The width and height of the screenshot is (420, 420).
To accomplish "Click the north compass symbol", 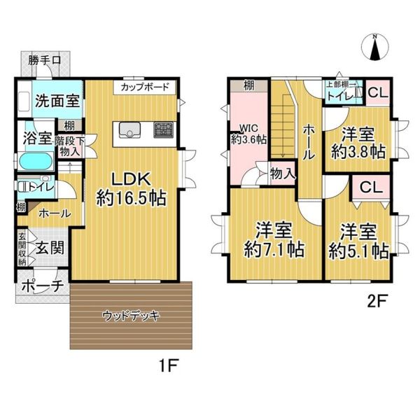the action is [375, 47].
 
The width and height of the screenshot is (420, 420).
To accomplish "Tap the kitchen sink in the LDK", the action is [130, 129].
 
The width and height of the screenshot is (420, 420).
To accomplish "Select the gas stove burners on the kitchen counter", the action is [163, 129].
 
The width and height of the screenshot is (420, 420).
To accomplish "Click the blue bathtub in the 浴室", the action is [36, 161].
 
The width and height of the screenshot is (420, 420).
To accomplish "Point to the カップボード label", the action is [145, 87].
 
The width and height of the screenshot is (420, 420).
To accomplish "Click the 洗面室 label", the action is [57, 100].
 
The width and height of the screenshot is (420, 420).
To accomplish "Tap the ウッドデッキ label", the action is [132, 316].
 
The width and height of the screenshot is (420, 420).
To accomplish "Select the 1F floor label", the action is [169, 365].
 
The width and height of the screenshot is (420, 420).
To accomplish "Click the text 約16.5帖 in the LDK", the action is [132, 198].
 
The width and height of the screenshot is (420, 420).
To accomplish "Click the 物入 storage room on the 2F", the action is [283, 174].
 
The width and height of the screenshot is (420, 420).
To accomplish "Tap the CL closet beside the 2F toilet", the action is [378, 92].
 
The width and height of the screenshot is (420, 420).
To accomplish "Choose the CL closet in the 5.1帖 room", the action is [371, 187].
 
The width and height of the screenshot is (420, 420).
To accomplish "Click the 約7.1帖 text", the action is [274, 250].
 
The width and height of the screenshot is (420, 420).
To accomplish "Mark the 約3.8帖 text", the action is [358, 152].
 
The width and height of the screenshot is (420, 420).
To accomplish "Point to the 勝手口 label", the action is [45, 60].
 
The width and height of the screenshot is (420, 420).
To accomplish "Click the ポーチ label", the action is [43, 286].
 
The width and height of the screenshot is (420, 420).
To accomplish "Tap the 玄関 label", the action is [50, 248].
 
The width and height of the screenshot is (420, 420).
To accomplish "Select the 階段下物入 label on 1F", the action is [70, 146].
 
